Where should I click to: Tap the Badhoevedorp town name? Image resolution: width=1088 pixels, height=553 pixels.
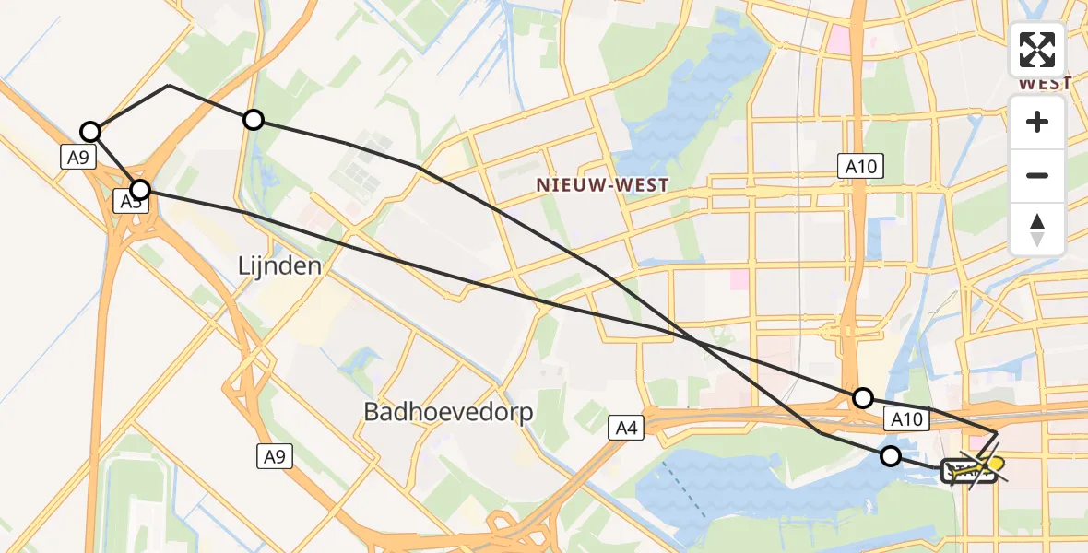click(449, 412)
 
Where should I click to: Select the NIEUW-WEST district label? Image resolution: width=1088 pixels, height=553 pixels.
click(602, 185)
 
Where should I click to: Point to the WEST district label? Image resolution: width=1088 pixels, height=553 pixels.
click(1045, 83)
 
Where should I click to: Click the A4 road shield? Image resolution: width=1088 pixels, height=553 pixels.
click(625, 427)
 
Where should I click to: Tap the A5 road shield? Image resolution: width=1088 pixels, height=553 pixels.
click(128, 201)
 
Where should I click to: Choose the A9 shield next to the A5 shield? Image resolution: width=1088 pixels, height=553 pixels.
click(78, 158)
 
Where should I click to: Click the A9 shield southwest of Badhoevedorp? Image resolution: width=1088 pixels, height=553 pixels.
click(274, 454)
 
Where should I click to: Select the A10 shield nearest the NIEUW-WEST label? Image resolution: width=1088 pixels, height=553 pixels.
click(859, 166)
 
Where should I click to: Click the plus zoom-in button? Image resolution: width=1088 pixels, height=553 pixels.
click(1037, 123)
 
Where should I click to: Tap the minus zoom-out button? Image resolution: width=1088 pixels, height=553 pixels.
click(1037, 175)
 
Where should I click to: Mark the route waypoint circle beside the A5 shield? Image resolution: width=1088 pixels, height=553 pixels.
click(139, 190)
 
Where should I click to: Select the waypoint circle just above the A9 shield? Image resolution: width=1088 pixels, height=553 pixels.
click(89, 131)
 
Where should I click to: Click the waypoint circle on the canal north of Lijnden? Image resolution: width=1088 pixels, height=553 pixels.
click(253, 119)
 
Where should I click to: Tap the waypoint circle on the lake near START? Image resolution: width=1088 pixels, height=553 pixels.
click(890, 455)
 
